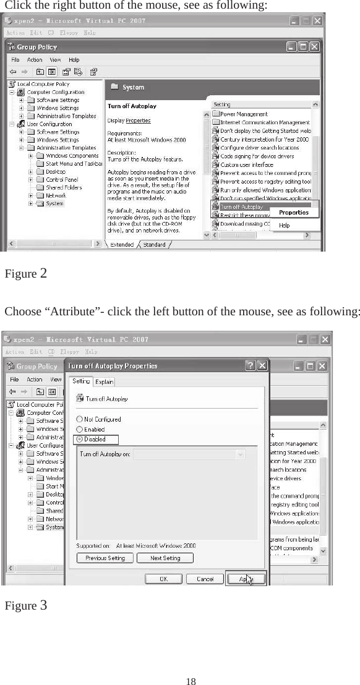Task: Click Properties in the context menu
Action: click(x=293, y=212)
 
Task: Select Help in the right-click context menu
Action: click(x=284, y=226)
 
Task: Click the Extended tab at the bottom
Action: click(x=121, y=245)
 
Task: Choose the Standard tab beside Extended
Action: click(x=154, y=245)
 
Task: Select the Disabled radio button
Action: click(x=79, y=440)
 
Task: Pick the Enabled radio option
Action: click(x=79, y=429)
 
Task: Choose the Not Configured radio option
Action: click(x=79, y=419)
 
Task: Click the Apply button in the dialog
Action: click(x=246, y=579)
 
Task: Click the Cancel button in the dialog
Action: click(x=205, y=579)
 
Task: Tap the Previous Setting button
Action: click(x=105, y=558)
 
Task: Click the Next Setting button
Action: click(x=165, y=558)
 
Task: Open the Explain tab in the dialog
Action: click(x=104, y=382)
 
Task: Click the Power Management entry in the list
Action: click(x=244, y=114)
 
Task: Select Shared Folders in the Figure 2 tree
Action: click(x=64, y=187)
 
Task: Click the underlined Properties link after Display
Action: click(x=138, y=121)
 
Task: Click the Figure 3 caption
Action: click(x=26, y=605)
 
